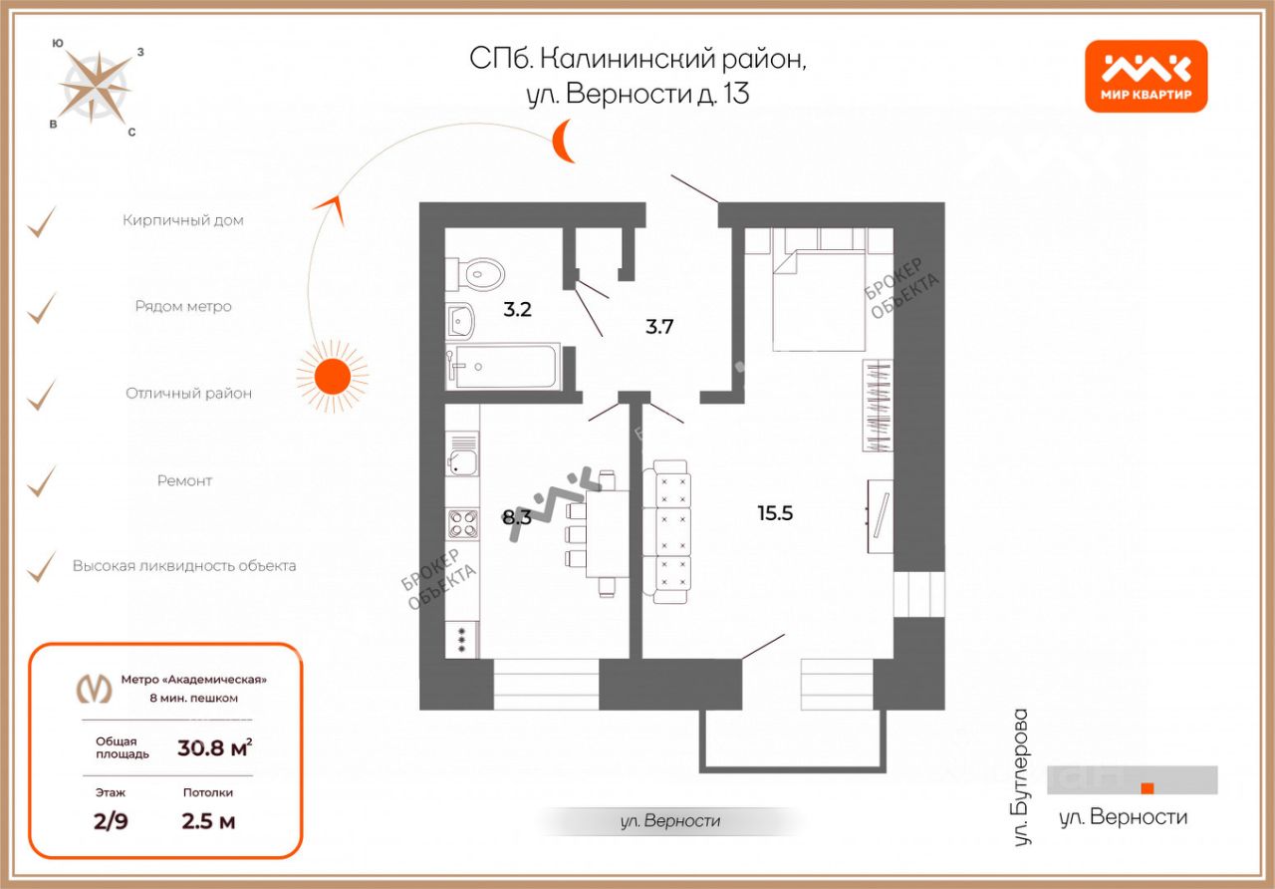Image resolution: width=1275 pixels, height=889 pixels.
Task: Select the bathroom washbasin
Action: point(460,320)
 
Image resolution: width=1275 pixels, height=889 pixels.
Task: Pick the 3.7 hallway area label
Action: point(659,326)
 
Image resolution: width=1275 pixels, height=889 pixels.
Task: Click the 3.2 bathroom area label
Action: point(517,309)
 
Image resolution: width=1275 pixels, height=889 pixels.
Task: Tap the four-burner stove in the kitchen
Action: point(462,522)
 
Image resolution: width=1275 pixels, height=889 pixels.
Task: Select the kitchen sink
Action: point(462,459)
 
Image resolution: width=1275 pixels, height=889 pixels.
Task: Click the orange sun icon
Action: point(333,376)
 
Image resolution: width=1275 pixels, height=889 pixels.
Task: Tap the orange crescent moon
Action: point(565,141)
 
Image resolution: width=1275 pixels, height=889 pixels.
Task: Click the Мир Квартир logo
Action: point(1146,76)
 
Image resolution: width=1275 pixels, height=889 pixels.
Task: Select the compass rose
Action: point(95,86)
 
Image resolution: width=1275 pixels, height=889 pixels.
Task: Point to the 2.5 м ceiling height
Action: point(208,822)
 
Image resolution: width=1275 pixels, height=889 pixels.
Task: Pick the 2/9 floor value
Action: point(111,822)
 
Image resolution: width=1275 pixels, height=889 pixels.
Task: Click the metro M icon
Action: point(95,689)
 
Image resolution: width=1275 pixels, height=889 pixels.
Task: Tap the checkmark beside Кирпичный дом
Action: point(41,222)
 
